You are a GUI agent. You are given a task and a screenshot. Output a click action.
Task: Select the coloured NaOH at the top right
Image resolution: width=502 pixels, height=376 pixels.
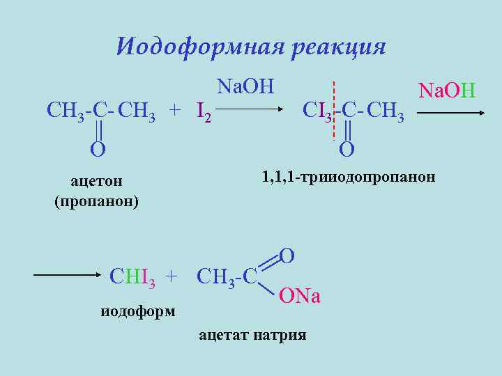(446, 90)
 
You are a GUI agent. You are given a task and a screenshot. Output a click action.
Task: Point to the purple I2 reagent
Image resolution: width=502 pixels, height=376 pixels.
(204, 111)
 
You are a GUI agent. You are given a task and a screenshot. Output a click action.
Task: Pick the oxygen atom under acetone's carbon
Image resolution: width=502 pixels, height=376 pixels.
(98, 148)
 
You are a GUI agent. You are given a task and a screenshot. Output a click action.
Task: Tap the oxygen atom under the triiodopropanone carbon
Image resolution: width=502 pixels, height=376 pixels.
(347, 148)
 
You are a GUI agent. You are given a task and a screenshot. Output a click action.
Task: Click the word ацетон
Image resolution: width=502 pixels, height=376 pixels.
(96, 181)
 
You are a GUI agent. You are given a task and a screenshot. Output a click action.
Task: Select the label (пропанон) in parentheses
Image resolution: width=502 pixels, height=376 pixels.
(96, 202)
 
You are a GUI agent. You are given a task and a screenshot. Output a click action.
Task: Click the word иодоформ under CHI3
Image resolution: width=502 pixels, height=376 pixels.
(138, 311)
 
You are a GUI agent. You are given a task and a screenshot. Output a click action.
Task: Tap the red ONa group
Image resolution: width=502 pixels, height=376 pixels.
(299, 297)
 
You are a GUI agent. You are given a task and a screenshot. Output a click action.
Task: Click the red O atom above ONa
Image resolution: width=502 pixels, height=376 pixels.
(287, 256)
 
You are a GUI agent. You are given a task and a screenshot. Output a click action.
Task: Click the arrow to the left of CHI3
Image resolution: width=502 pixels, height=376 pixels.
(66, 275)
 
